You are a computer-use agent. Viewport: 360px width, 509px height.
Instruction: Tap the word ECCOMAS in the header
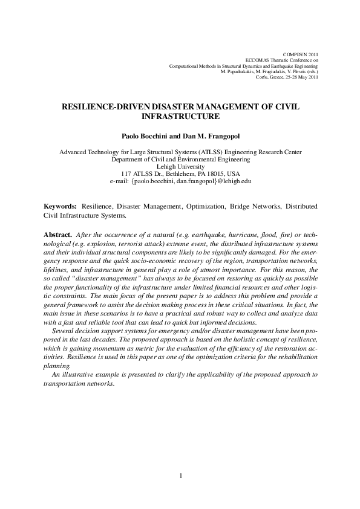click(258, 60)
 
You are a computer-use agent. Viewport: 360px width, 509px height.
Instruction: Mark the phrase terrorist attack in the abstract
click(136, 242)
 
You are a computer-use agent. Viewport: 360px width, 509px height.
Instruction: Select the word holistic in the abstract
click(245, 340)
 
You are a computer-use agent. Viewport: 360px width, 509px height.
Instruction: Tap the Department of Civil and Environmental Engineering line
click(180, 159)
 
